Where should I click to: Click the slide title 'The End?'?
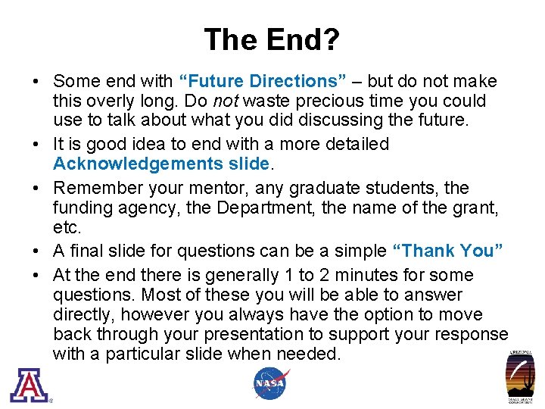pyautogui.click(x=272, y=39)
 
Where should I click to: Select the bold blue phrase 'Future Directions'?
pyautogui.click(x=263, y=81)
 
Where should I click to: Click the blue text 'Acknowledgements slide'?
pyautogui.click(x=160, y=164)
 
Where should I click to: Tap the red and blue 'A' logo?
pyautogui.click(x=29, y=384)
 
